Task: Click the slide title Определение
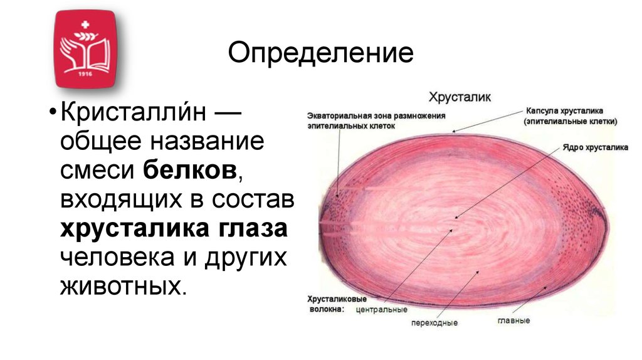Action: pos(320,53)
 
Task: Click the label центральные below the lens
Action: pos(381,309)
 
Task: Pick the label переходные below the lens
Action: pos(434,323)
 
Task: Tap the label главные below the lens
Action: pos(514,320)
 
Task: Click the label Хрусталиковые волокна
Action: pos(329,304)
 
